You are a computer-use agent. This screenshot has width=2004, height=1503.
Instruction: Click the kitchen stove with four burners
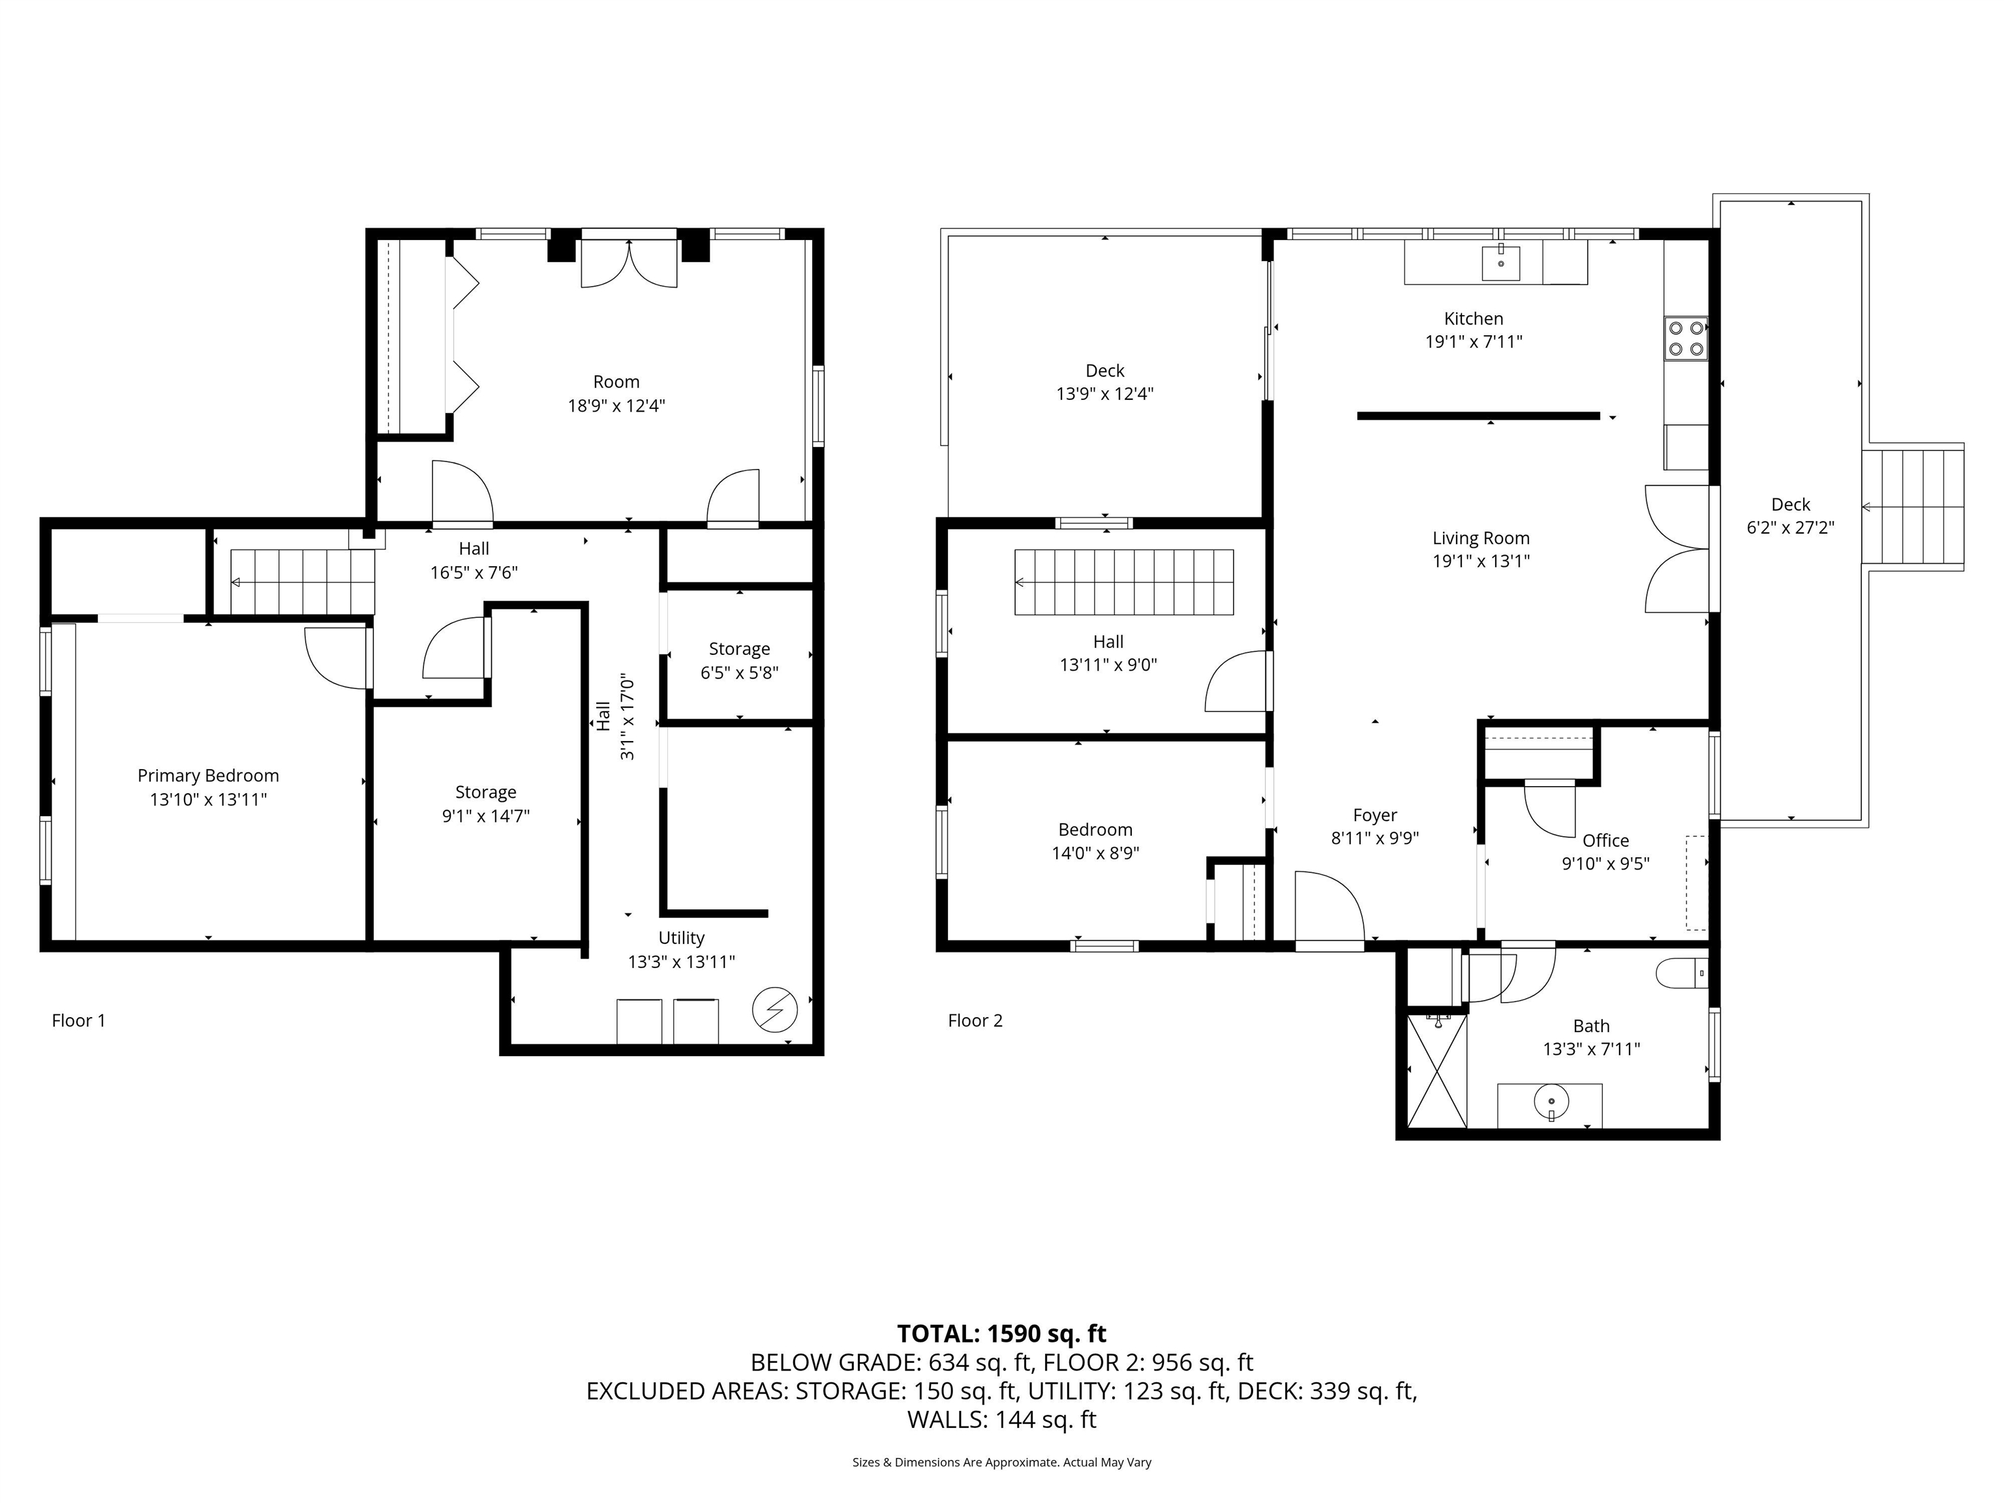(x=1685, y=338)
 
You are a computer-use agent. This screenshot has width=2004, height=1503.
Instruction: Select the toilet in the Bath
(x=1682, y=974)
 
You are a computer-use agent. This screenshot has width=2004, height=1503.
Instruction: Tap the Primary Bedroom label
(x=207, y=776)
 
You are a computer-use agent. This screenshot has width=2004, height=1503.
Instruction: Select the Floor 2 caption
(x=975, y=1020)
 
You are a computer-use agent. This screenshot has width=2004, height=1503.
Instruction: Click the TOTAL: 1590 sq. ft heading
(x=1001, y=1333)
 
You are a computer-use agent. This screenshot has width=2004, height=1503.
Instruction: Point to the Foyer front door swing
(x=1328, y=909)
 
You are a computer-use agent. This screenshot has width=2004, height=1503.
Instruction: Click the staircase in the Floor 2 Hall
(x=1123, y=582)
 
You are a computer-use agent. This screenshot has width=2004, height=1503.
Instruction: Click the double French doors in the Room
(x=629, y=263)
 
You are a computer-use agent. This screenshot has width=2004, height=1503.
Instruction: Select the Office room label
(x=1605, y=840)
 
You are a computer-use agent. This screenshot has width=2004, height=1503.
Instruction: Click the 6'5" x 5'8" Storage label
(x=739, y=660)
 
